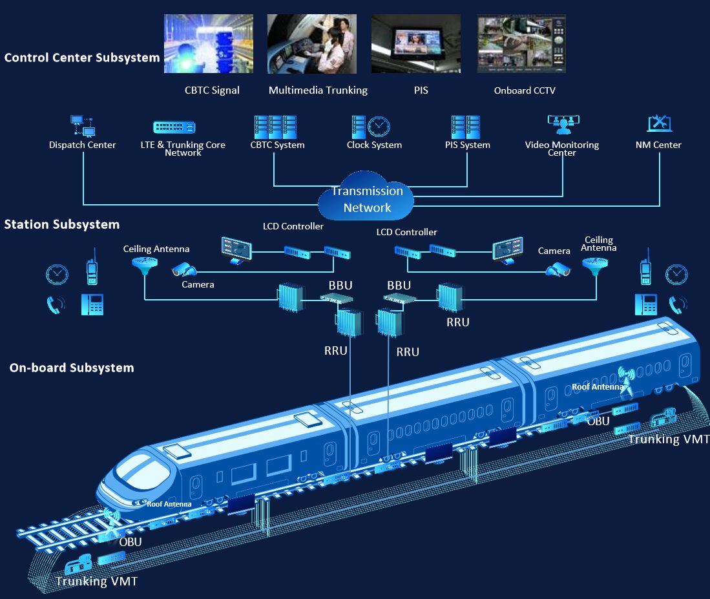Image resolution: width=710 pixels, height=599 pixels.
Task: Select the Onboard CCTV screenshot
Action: click(521, 44)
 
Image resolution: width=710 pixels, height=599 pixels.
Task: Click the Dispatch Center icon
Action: click(82, 125)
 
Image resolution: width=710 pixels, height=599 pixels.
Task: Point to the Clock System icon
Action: click(371, 125)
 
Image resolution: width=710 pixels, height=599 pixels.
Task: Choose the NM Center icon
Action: click(658, 123)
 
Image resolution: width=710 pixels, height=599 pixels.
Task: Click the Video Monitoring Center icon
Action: click(563, 123)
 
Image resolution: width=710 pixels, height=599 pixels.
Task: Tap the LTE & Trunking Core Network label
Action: click(183, 148)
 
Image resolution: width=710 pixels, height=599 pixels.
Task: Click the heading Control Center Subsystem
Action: click(82, 58)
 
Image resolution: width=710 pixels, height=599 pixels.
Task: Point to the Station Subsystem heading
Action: click(62, 224)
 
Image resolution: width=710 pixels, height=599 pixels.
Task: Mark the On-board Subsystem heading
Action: click(72, 368)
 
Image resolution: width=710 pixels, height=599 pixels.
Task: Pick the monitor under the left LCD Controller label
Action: click(236, 249)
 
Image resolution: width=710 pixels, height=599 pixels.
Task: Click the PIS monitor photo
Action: click(415, 44)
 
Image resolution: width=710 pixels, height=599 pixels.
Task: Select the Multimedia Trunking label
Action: click(318, 90)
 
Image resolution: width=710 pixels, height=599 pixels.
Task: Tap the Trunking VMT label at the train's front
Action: click(96, 581)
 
